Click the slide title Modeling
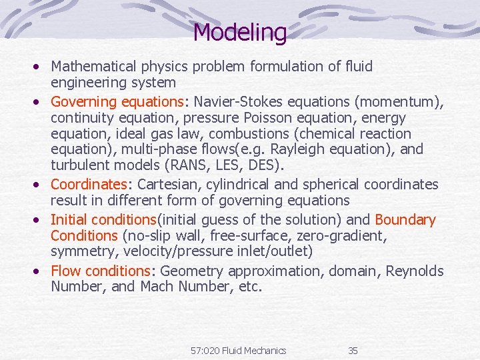point(239,31)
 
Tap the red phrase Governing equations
point(117,102)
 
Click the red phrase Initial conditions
point(103,219)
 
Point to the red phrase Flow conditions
point(101,271)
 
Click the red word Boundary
point(405,219)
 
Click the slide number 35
point(353,351)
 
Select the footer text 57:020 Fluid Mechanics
point(238,351)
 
